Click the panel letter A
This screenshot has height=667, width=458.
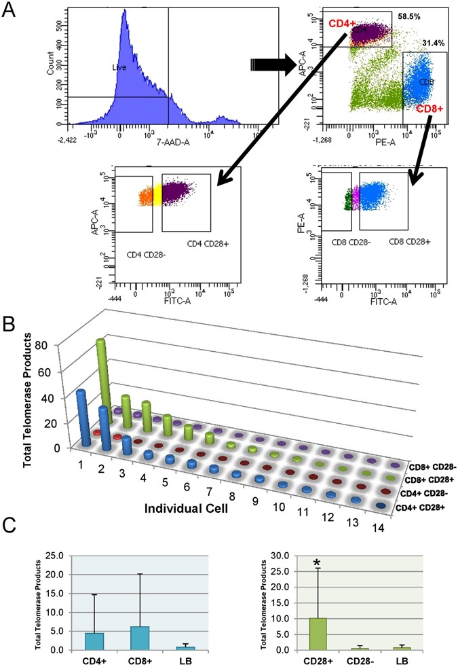(12, 12)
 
